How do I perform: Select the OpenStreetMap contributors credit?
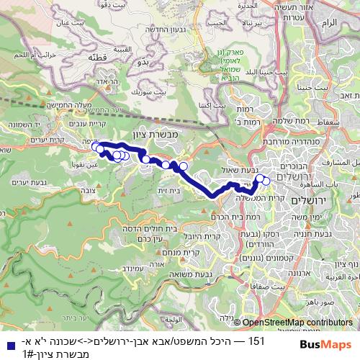tap(299, 323)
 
